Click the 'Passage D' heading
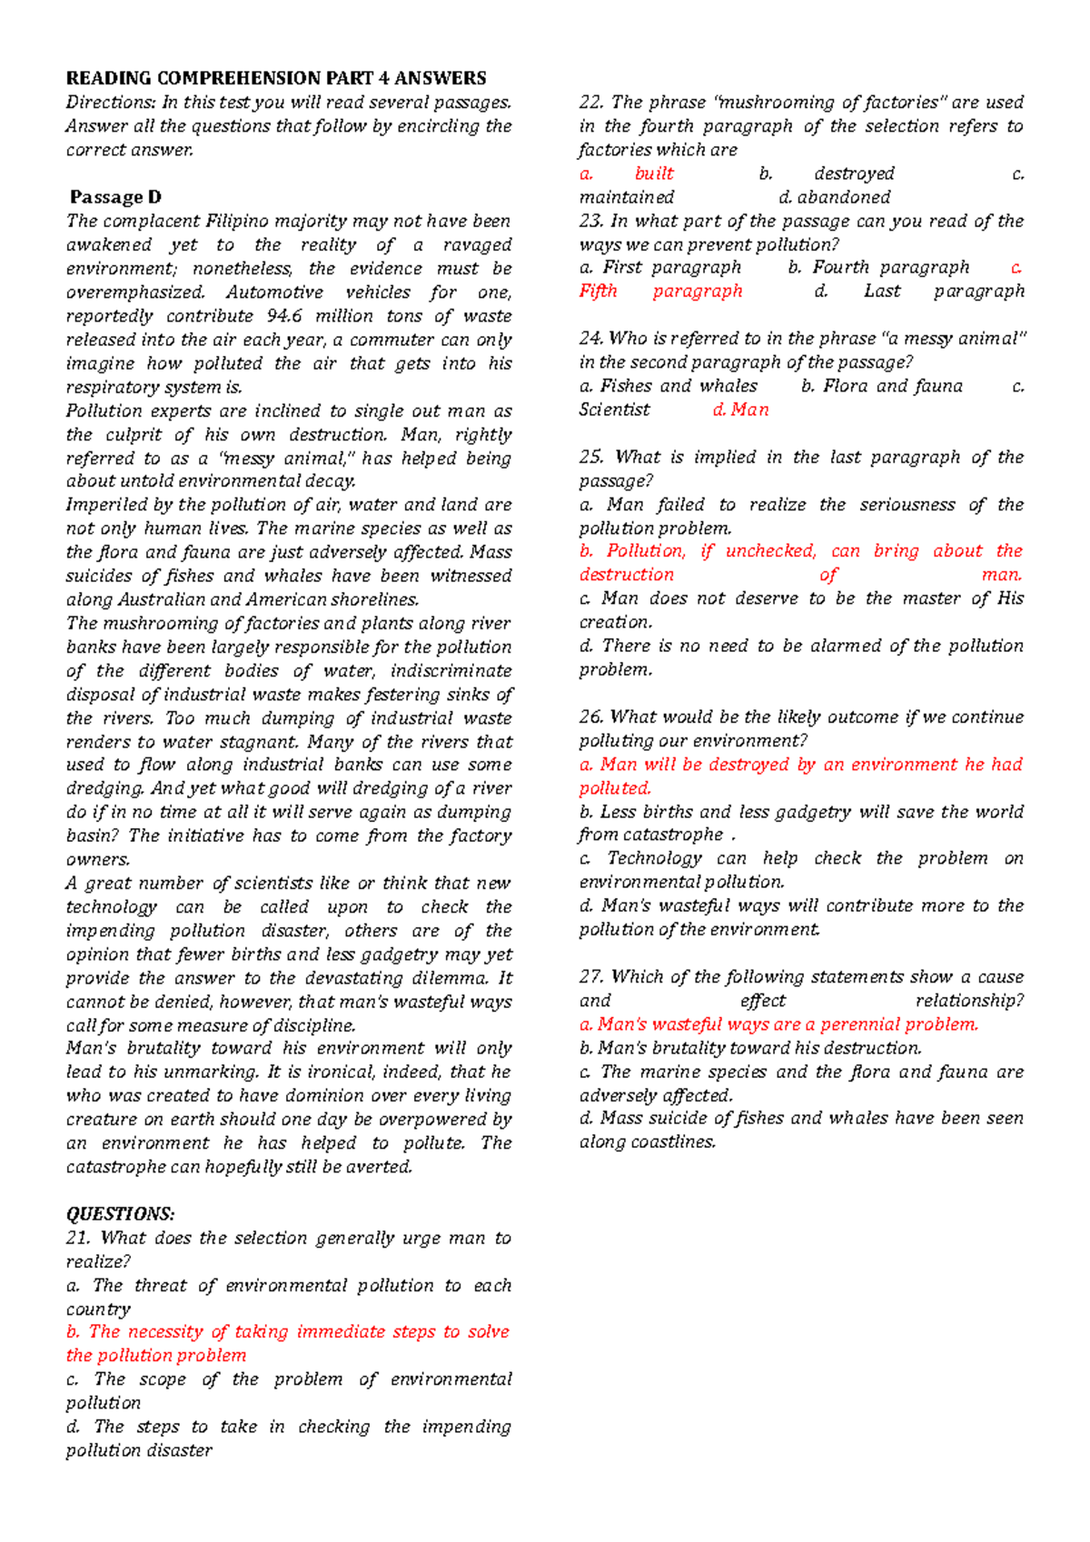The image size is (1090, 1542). [115, 197]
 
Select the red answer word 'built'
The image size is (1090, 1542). [654, 173]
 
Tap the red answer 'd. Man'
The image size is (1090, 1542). [741, 410]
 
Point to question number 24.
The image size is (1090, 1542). [590, 339]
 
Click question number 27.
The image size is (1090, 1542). [590, 977]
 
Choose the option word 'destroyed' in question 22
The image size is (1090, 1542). [854, 173]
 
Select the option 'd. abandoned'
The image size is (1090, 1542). [835, 197]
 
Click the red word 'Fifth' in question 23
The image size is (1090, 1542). [598, 292]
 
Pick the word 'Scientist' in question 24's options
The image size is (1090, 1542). [614, 410]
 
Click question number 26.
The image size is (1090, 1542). [590, 717]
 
